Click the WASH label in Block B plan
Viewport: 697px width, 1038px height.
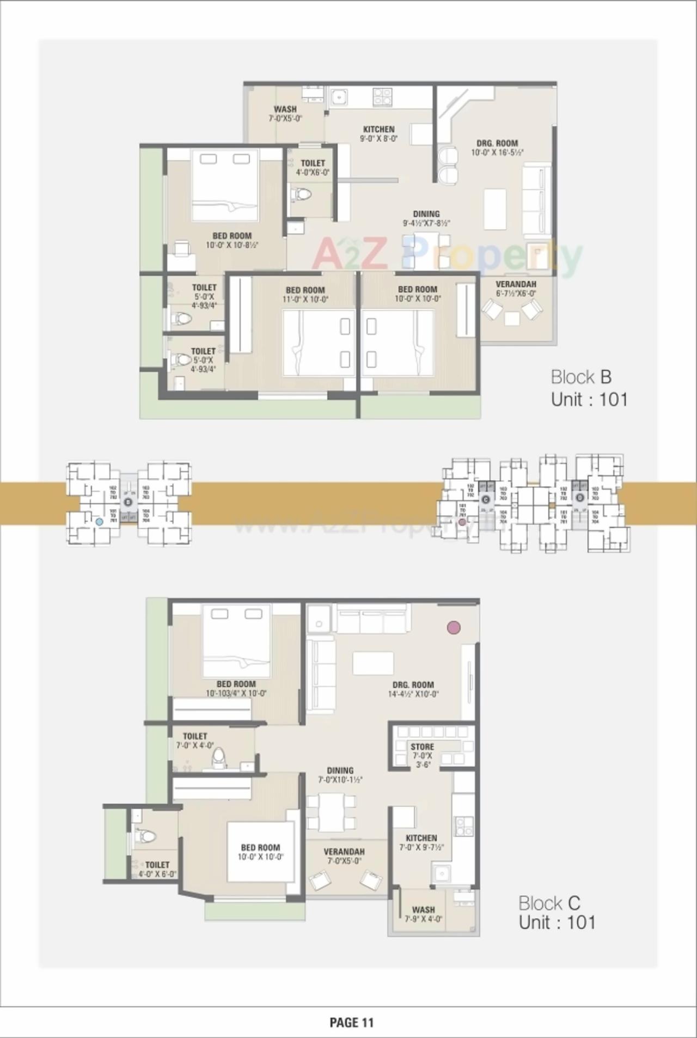coord(285,113)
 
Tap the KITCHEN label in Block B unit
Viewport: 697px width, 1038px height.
coord(379,133)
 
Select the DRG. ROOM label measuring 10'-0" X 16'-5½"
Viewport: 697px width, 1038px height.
coord(497,148)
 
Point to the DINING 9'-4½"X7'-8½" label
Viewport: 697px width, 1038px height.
coord(426,218)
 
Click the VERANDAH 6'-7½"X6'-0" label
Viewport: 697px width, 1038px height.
coord(516,288)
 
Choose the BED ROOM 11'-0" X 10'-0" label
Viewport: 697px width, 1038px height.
coord(305,294)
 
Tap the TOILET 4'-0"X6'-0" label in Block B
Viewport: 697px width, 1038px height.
coord(313,167)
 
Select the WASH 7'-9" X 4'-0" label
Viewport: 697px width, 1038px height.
coord(423,914)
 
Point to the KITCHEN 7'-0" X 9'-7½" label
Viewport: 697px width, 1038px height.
coord(421,842)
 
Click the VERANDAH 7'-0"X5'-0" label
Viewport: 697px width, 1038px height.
coord(344,856)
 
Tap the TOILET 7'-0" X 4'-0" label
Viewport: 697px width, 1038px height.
coord(195,741)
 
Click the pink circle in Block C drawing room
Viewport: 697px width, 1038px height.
coord(454,627)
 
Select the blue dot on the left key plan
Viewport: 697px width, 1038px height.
coord(99,521)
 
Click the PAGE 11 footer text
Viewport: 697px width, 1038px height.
coord(352,1022)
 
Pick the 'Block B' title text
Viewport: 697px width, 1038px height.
coord(581,377)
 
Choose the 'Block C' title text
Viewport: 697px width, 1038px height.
coord(549,903)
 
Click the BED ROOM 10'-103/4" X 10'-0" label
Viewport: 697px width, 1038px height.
coord(236,688)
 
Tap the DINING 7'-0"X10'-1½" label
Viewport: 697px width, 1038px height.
coord(340,775)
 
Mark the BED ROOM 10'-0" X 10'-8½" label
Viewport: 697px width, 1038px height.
coord(232,240)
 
